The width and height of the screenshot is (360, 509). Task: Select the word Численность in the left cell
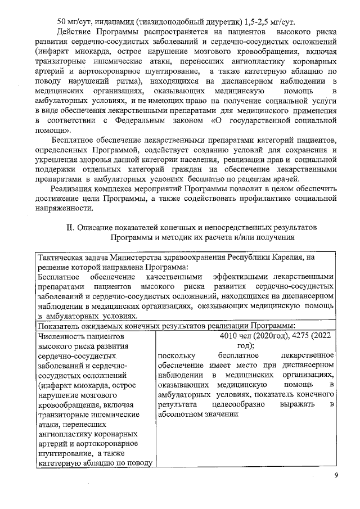(x=60, y=337)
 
